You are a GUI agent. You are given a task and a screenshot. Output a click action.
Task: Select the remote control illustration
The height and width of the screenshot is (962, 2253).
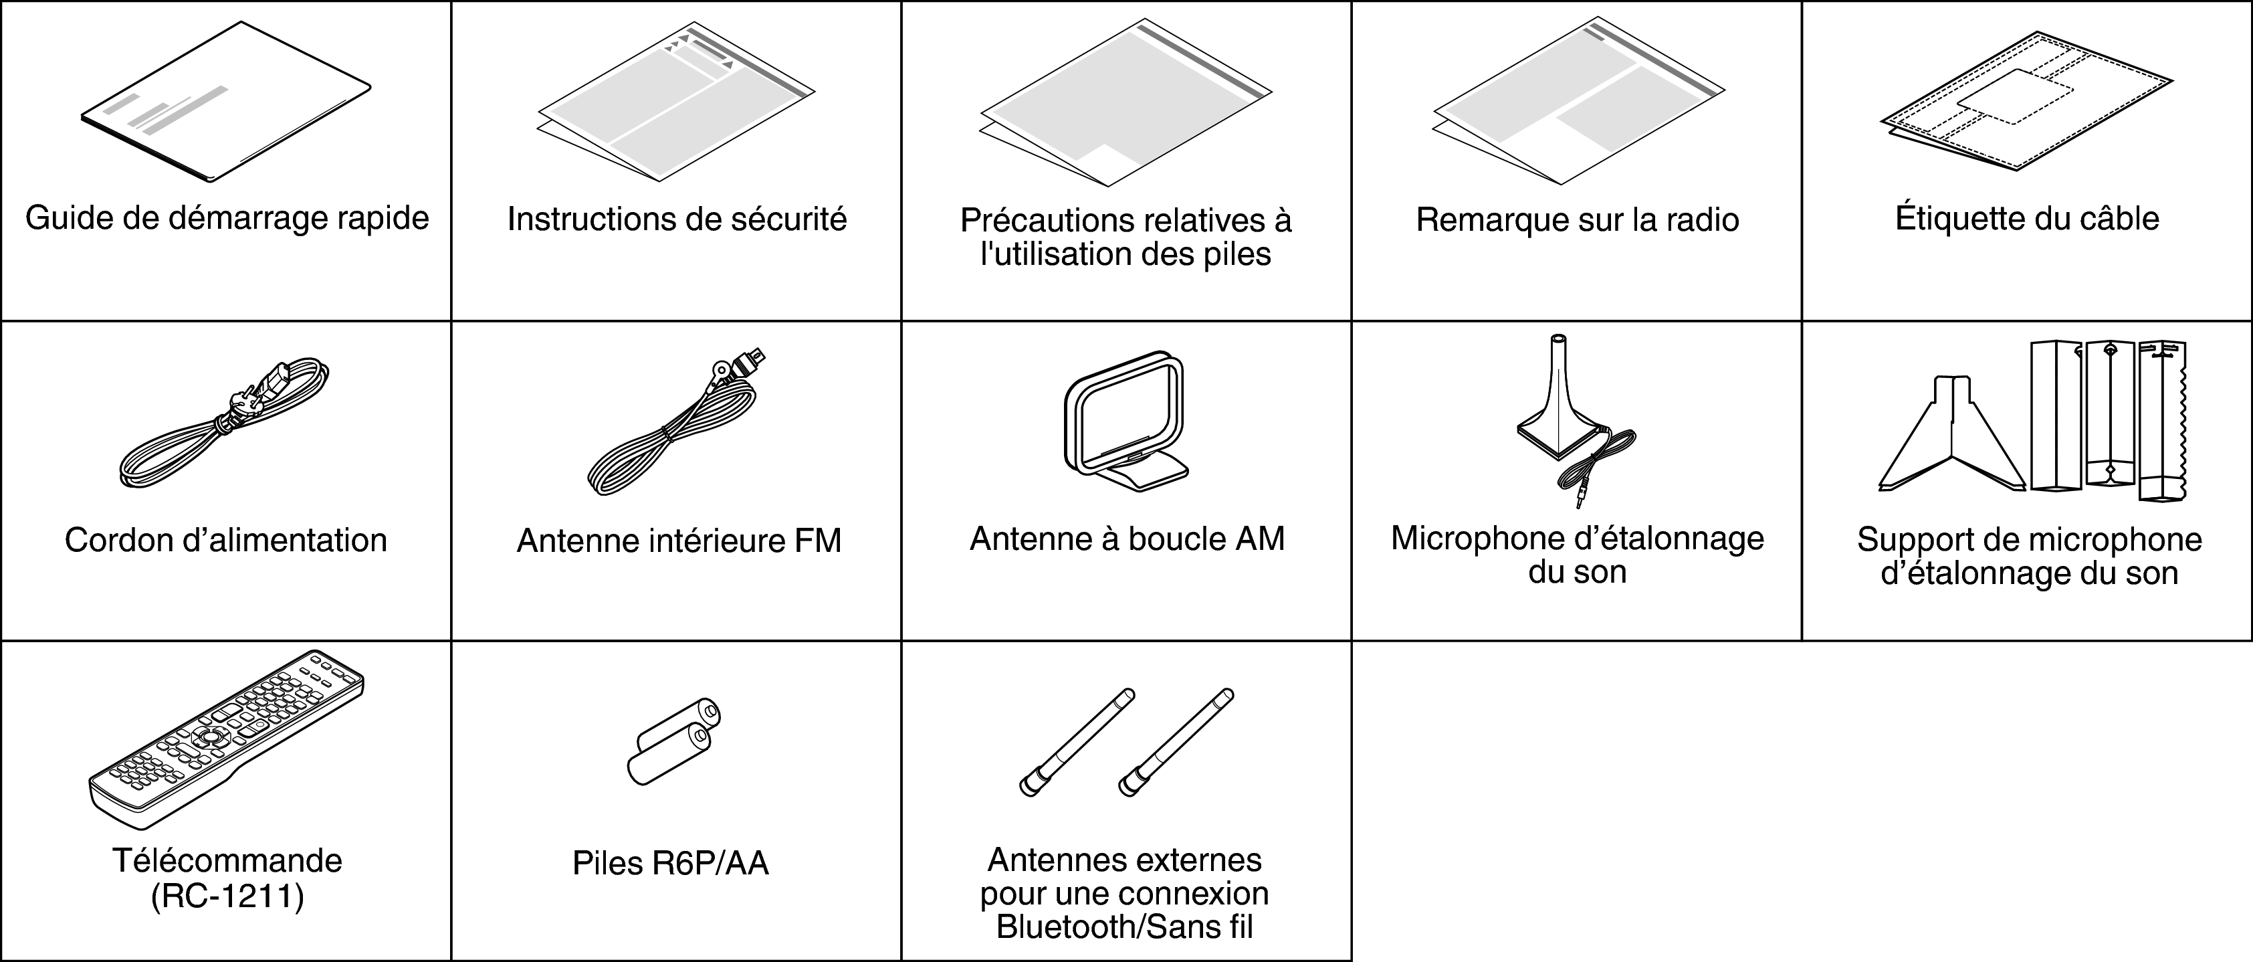[x=225, y=739]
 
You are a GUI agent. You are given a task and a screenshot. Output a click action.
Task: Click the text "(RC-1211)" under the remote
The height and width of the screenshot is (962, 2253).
[x=227, y=896]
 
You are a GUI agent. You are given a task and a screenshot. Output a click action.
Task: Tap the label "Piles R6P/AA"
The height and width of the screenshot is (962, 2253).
[x=670, y=863]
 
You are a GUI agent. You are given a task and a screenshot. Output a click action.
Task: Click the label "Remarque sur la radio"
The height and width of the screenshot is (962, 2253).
[x=1577, y=219]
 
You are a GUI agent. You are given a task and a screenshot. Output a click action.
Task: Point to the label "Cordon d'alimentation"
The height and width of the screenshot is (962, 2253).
[x=225, y=541]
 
